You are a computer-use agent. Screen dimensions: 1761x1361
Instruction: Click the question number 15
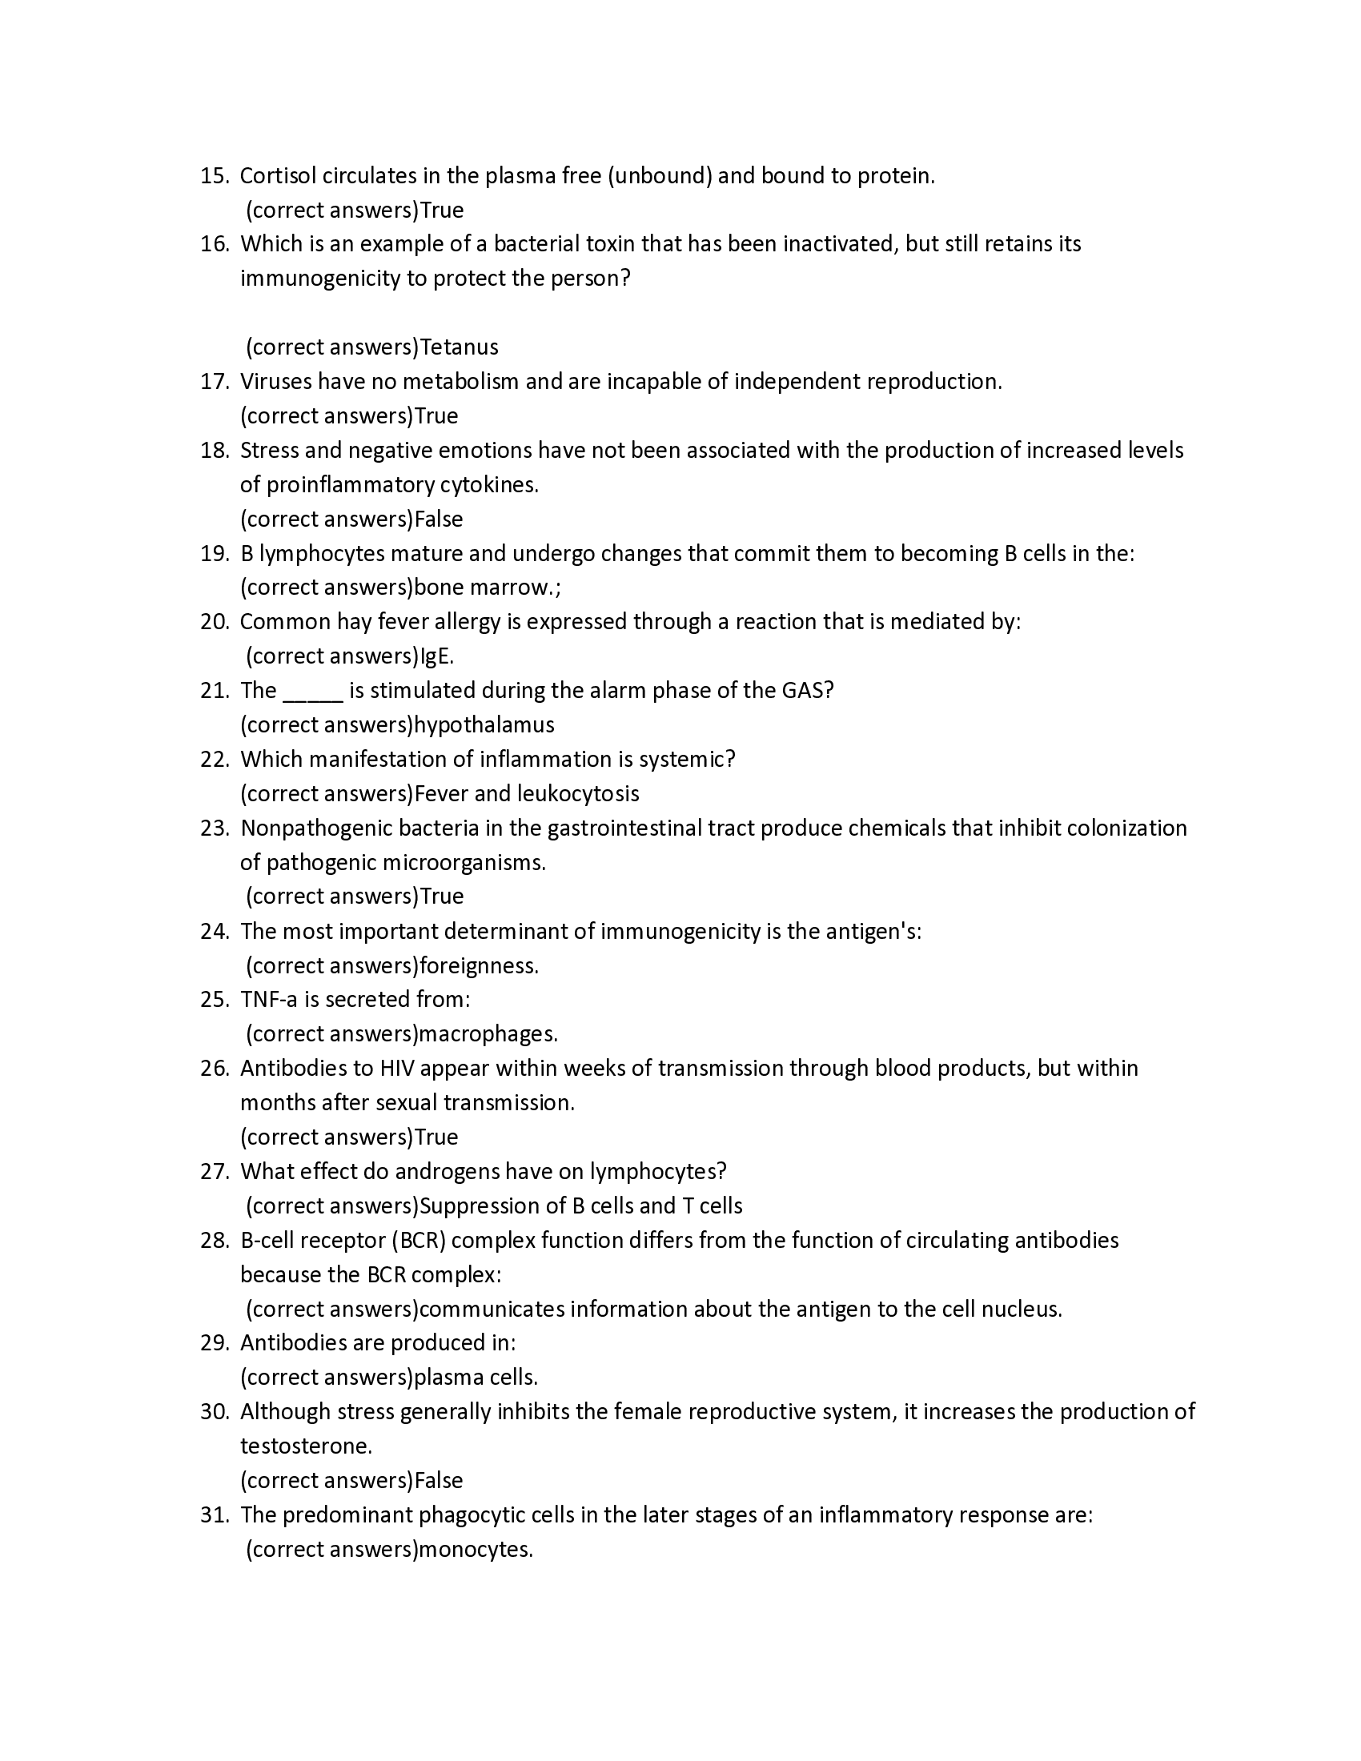coord(215,176)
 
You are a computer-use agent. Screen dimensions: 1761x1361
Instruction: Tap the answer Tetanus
coord(459,347)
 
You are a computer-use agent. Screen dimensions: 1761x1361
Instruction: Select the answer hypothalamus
coord(484,725)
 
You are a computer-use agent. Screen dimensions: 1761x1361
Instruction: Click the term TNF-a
coord(268,1000)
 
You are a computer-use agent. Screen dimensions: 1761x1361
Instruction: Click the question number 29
coord(215,1342)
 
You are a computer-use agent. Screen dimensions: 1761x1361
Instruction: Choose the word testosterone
coord(306,1446)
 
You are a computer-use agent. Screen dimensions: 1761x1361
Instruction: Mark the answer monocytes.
coord(476,1549)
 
